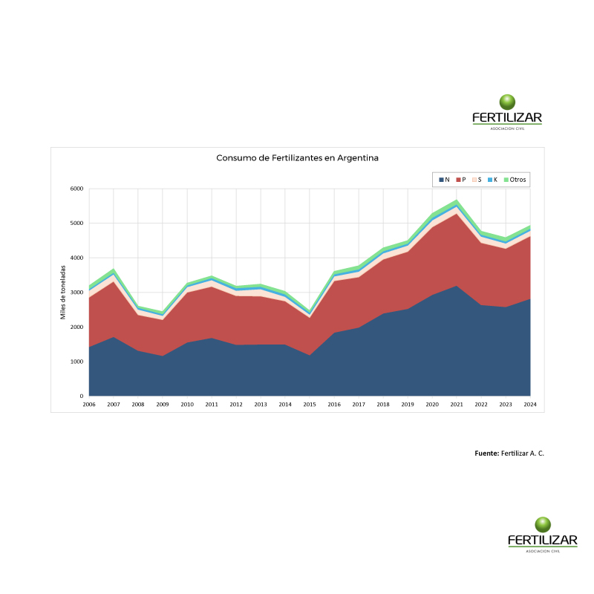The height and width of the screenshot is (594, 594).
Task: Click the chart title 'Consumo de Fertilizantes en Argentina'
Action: pos(297,158)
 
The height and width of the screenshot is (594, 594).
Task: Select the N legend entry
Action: pos(444,180)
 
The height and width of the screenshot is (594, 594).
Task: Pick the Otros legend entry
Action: pos(517,180)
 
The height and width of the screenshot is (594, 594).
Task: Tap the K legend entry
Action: pos(492,180)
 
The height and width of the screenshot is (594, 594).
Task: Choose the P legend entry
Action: pos(460,180)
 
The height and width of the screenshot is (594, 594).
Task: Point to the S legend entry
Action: pos(477,180)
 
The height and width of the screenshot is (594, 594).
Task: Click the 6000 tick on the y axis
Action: pos(76,189)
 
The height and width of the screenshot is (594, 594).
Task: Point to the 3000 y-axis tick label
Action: pos(76,293)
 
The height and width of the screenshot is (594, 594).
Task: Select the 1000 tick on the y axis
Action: pos(76,362)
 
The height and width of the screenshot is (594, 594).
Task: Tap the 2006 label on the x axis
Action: pos(89,405)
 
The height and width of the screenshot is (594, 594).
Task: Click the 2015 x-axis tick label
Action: pos(310,405)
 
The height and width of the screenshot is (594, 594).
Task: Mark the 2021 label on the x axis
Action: pos(457,405)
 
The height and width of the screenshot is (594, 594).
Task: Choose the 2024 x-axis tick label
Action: pos(530,405)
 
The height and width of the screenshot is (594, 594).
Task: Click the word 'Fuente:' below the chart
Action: pos(486,453)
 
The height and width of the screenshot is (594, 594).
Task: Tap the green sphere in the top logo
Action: pos(508,102)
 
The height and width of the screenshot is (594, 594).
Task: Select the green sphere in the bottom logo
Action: pos(543,524)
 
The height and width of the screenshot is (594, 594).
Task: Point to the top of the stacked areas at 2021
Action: pos(457,200)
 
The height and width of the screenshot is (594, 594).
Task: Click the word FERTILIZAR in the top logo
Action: pos(507,117)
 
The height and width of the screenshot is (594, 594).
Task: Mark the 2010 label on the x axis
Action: pos(187,405)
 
